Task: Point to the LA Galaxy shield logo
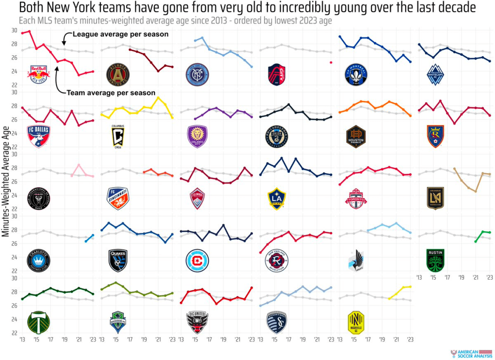(277, 198)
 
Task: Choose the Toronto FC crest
(356, 198)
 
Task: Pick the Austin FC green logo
(435, 260)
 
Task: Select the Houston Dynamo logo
(356, 136)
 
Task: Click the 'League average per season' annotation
(120, 34)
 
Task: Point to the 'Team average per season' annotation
(111, 92)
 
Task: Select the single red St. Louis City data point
(331, 62)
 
